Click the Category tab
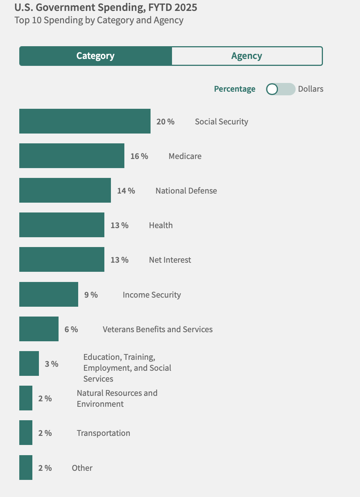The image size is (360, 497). point(95,56)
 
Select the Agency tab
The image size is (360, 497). point(247,56)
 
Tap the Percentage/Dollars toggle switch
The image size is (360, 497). point(280,89)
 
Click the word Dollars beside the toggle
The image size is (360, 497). point(311,89)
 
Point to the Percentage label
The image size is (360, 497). point(235,89)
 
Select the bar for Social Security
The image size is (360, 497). point(85,121)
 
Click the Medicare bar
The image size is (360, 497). point(72,156)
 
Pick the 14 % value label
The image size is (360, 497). point(126,191)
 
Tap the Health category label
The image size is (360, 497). point(161,225)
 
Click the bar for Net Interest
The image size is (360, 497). point(62,259)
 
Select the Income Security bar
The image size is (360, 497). point(49,294)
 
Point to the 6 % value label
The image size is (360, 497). point(71,329)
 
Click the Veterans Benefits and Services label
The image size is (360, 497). point(157,329)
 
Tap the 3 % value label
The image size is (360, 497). point(52,364)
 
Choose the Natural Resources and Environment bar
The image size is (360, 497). point(26,398)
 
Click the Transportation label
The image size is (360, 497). point(103,433)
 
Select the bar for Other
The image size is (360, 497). point(26,468)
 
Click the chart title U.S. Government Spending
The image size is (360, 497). point(106,7)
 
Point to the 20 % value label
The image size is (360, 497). point(165,122)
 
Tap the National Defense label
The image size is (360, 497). point(186,191)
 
